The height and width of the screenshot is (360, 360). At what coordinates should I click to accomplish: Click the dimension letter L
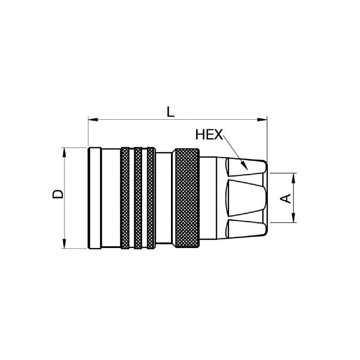170,112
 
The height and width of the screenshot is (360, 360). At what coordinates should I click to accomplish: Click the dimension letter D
58,194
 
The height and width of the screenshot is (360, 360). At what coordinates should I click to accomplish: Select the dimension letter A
286,198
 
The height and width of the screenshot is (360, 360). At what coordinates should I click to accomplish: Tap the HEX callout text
209,135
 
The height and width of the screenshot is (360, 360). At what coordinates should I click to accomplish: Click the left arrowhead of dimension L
93,120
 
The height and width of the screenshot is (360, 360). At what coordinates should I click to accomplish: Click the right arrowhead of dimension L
262,120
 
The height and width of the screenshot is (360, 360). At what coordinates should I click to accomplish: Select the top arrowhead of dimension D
64,153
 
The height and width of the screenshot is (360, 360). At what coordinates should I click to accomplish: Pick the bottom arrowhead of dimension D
64,243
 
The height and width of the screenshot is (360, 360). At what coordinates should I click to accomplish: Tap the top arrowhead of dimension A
293,178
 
